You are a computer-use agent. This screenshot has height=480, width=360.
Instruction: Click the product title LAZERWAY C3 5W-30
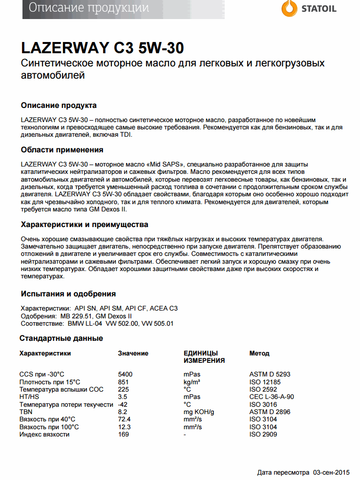click(x=103, y=48)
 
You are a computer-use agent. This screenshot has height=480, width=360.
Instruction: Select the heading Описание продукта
click(x=59, y=105)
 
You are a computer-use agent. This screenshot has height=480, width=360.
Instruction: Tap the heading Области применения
click(x=62, y=149)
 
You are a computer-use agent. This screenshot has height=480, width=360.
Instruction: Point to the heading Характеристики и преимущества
click(x=85, y=225)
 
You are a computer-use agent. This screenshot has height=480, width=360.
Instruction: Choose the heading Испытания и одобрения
click(x=68, y=293)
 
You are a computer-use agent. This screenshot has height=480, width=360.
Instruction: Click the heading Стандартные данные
click(x=61, y=338)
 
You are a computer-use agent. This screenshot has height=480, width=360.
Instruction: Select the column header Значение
click(x=133, y=353)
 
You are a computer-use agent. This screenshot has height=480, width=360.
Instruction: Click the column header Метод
click(x=259, y=353)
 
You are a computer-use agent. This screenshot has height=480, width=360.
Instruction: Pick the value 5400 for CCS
click(x=126, y=375)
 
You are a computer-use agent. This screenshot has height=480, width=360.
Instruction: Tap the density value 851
click(x=124, y=382)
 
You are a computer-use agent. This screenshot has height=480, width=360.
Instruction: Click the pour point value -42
click(x=123, y=404)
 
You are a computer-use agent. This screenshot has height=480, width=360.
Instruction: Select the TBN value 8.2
click(x=123, y=412)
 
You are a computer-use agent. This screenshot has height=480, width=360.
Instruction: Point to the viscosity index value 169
click(x=124, y=434)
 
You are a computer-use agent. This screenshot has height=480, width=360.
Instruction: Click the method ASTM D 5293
click(x=270, y=375)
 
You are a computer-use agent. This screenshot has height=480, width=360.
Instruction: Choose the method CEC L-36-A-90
click(x=272, y=397)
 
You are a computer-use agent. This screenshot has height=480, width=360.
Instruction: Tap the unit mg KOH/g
click(x=199, y=412)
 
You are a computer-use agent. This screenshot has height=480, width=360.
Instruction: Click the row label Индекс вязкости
click(x=44, y=434)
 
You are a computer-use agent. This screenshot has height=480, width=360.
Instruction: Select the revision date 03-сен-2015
click(x=332, y=472)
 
